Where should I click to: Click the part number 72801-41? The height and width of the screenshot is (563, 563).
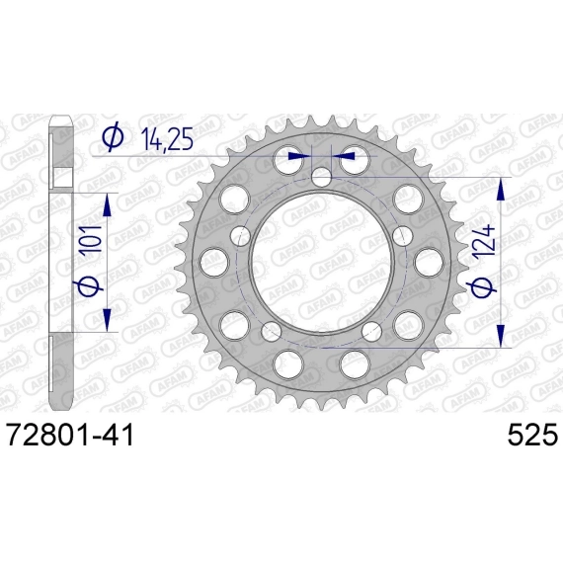(71, 435)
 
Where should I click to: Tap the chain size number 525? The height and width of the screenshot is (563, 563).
(532, 435)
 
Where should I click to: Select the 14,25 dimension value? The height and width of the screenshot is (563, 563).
(167, 139)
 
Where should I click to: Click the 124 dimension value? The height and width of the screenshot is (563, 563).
(483, 244)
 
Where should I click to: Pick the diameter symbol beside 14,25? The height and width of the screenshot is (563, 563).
(113, 137)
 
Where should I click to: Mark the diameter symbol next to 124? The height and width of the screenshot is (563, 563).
(482, 287)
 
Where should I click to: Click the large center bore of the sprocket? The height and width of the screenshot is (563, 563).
(322, 263)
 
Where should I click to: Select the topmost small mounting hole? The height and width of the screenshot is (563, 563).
(321, 178)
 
